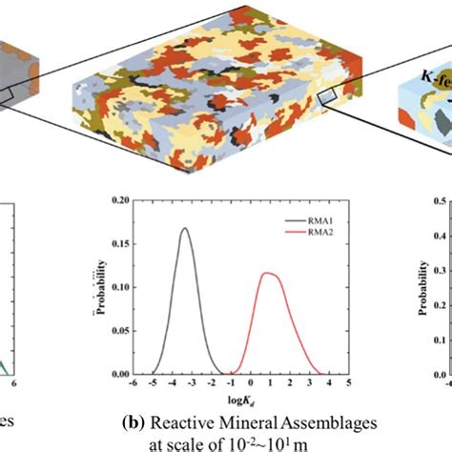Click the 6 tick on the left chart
pos(15,385)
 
